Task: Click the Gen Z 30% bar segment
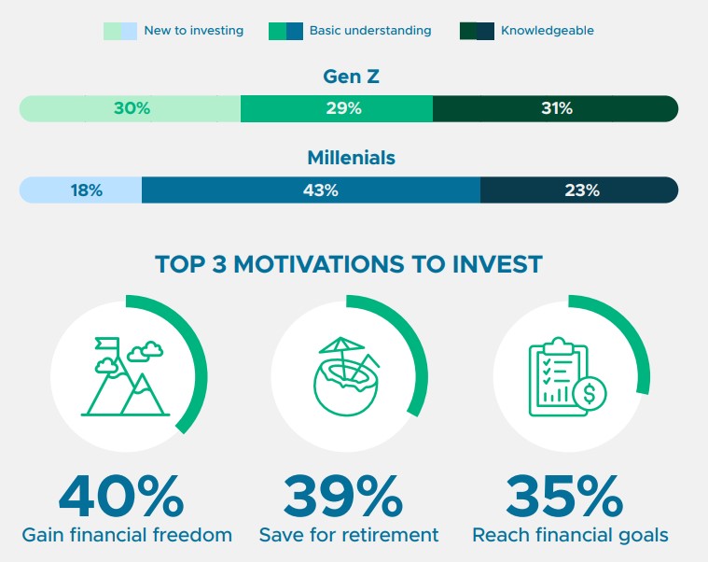coord(130,108)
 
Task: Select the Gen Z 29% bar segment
coord(337,108)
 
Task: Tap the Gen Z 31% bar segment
coord(555,108)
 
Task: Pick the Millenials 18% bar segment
coord(80,190)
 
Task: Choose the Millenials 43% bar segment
coord(312,190)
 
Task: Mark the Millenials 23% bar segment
coord(579,190)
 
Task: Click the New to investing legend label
coord(194,31)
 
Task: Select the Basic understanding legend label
coord(370,31)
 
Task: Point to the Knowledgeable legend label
coord(548,31)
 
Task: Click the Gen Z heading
coord(352,77)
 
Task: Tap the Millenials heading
coord(352,158)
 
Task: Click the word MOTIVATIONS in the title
coord(318,264)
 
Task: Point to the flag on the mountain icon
coord(107,344)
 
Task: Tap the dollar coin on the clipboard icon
coord(590,393)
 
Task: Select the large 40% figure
coord(121,496)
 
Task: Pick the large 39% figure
coord(343,496)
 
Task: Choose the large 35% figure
coord(564,496)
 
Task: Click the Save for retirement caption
coord(349,535)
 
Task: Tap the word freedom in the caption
coord(192,535)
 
